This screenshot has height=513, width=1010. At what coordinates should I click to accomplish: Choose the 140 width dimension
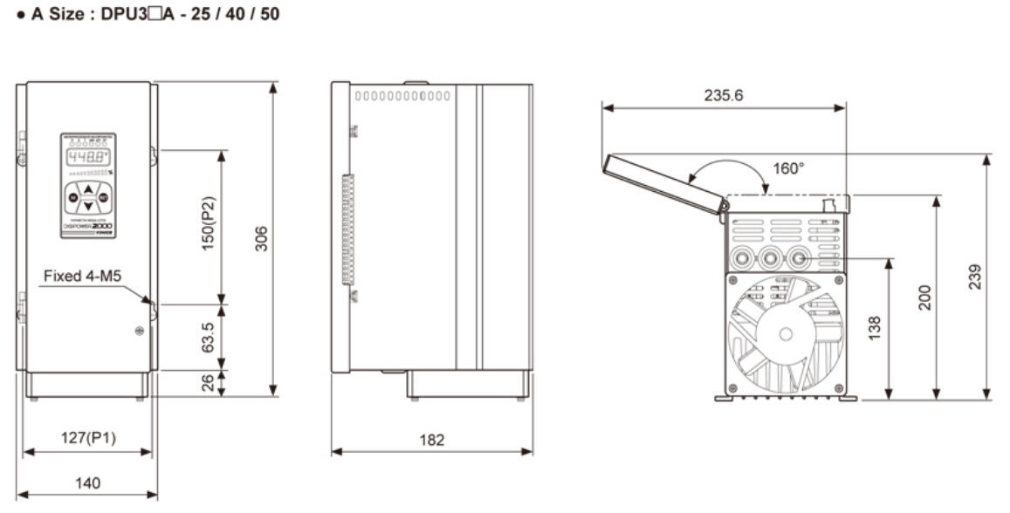click(x=86, y=482)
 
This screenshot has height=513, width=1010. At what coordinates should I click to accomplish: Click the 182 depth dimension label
click(x=431, y=440)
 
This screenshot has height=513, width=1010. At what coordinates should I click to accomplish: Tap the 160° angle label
click(x=789, y=168)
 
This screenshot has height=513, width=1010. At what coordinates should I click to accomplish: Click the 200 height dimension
click(x=924, y=297)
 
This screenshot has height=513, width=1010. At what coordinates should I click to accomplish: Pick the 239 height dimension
click(x=975, y=277)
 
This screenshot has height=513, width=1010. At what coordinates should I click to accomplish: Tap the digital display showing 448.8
click(x=88, y=157)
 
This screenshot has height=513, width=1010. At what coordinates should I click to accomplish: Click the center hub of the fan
click(x=786, y=333)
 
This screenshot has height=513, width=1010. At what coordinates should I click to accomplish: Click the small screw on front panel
click(x=139, y=331)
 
